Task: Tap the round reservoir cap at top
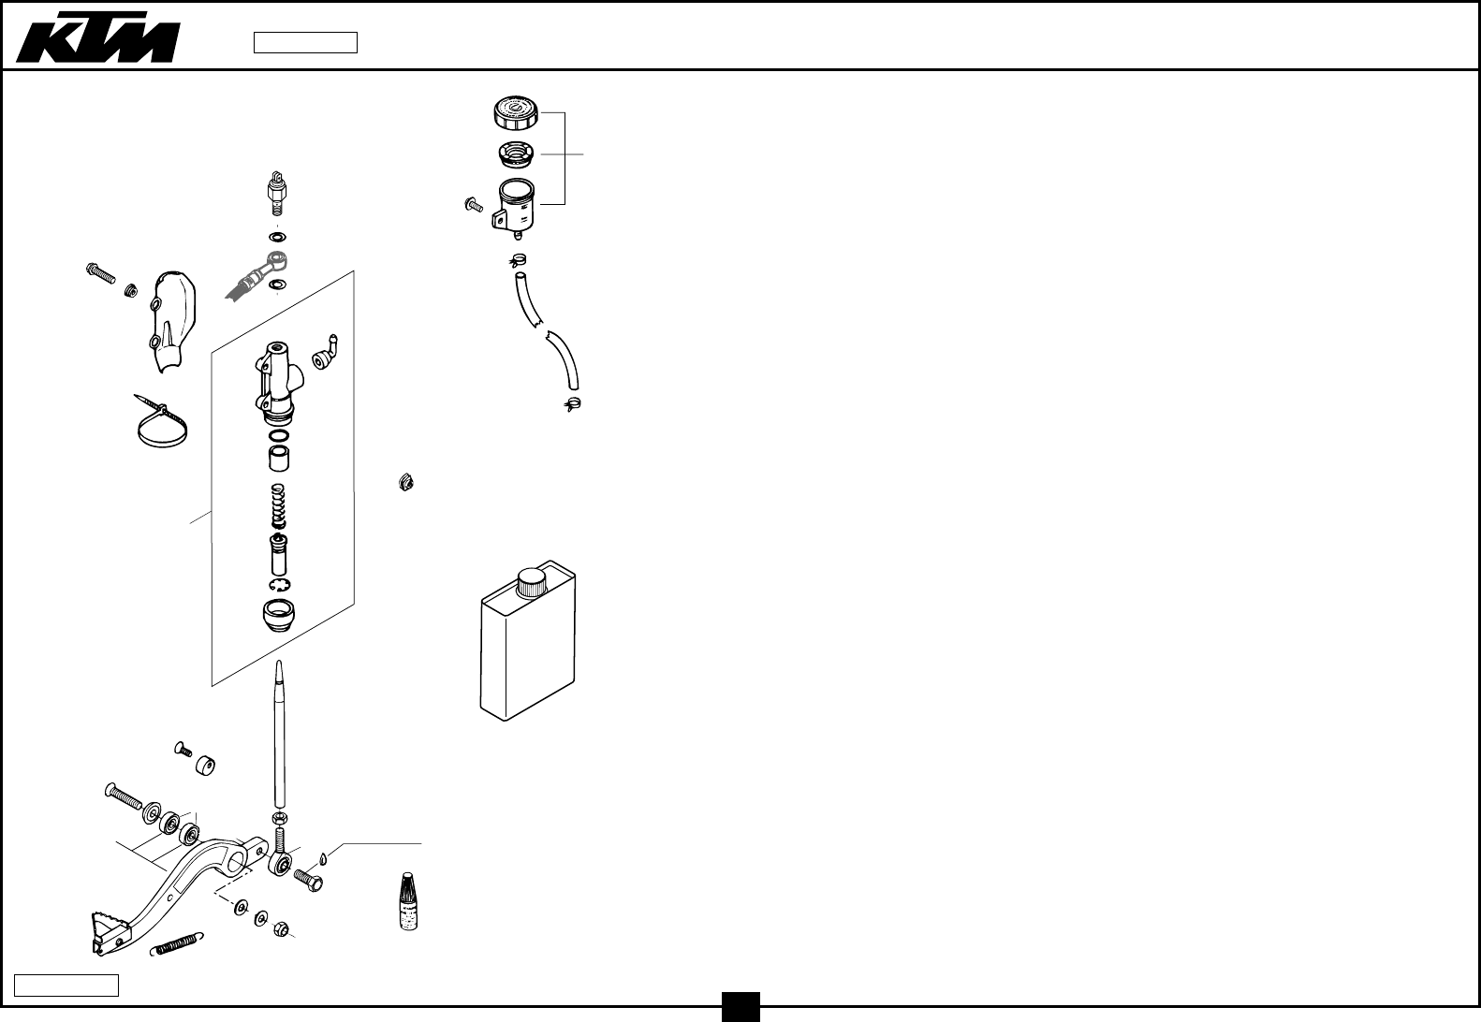pos(514,113)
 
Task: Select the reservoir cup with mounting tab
pos(514,205)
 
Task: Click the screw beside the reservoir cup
pos(474,204)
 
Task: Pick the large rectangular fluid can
pos(527,646)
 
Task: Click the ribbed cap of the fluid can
pos(532,582)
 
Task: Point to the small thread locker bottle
pos(407,901)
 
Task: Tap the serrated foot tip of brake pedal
pos(110,930)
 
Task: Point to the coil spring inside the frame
pos(277,506)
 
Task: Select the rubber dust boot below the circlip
pos(278,617)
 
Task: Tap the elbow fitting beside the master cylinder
pos(327,355)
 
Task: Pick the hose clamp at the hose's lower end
pos(571,404)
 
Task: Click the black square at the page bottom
pos(740,1007)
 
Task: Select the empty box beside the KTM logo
pos(305,43)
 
